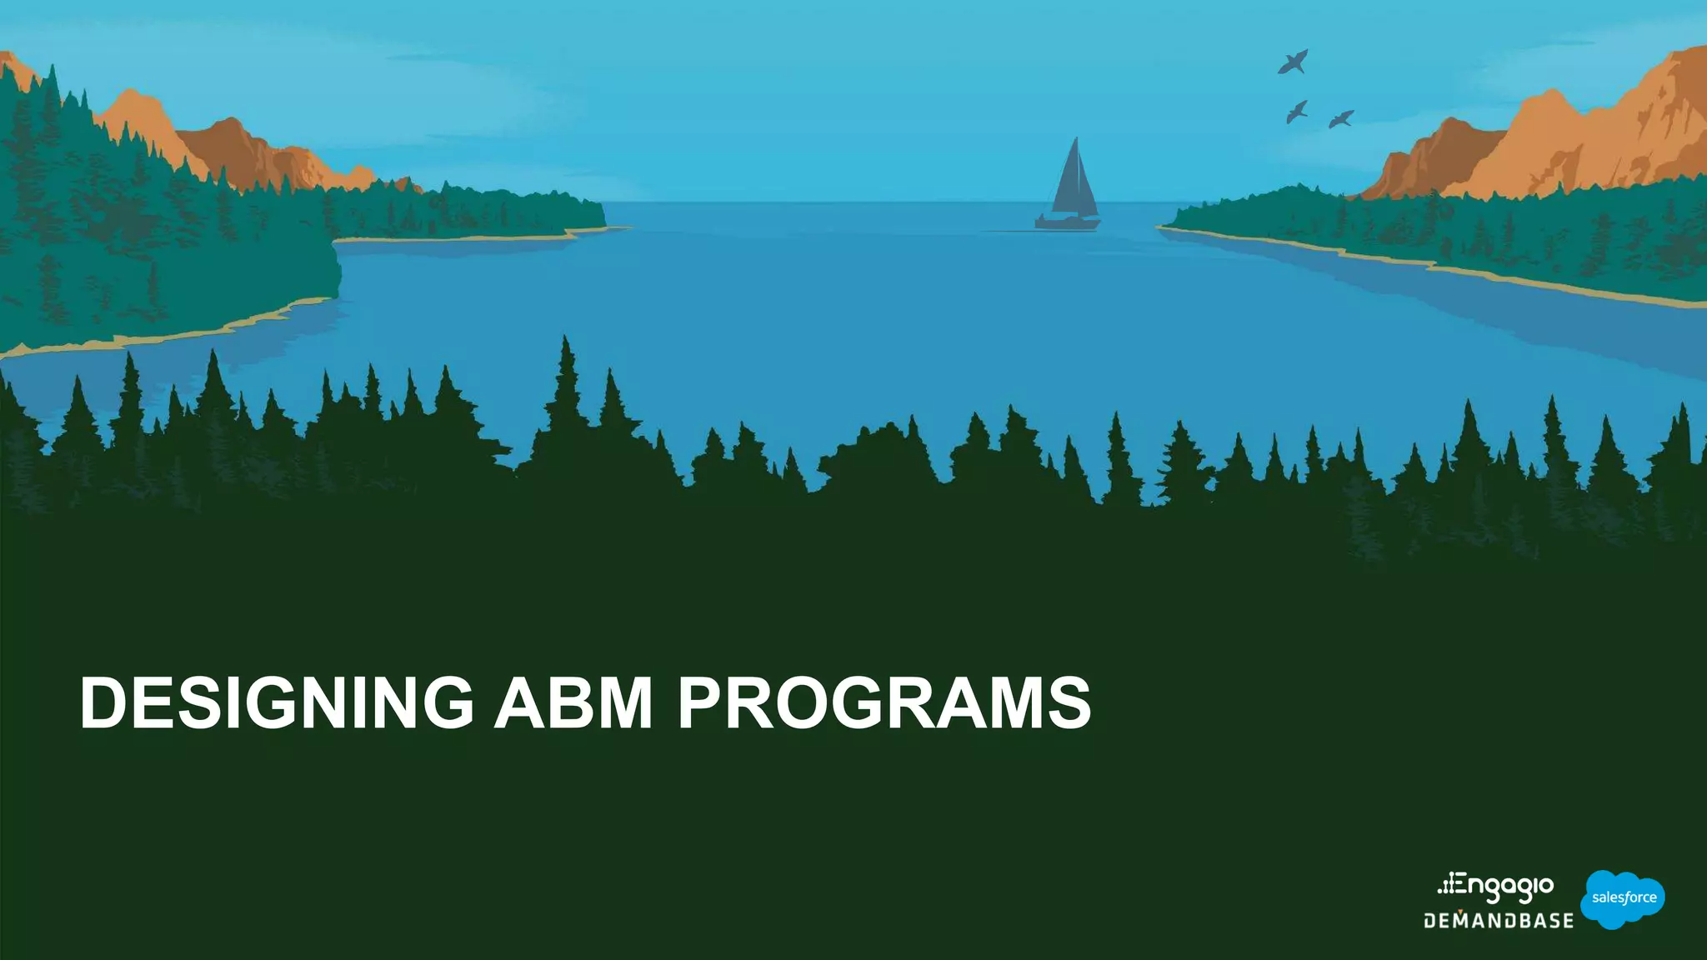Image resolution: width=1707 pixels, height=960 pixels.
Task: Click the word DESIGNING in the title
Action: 276,703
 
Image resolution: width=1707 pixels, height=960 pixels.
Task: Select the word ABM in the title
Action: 573,703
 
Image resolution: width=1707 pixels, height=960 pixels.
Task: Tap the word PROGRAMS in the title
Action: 884,703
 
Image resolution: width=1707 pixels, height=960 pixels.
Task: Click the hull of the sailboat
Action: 1068,222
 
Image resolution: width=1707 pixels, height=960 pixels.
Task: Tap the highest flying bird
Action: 1293,62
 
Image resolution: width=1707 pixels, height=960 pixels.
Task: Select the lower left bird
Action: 1296,111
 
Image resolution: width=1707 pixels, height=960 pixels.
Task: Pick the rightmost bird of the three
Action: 1340,119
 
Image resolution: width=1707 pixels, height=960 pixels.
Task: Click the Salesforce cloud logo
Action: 1622,898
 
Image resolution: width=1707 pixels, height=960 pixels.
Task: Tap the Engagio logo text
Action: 1505,887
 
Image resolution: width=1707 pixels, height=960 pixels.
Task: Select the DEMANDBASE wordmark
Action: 1499,921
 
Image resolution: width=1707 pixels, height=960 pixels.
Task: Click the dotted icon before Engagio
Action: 1448,885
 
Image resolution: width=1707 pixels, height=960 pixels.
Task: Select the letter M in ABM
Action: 623,703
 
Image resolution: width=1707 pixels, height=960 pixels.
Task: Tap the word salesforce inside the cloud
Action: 1624,897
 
